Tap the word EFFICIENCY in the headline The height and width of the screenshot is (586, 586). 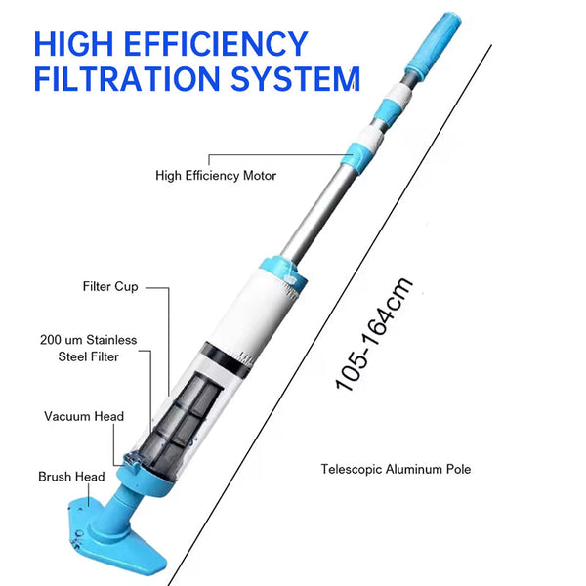(223, 44)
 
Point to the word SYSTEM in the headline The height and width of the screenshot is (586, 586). (295, 78)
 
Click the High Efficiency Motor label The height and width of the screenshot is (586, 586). (216, 176)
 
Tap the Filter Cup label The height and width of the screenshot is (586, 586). (110, 287)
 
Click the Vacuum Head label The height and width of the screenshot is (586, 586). (84, 416)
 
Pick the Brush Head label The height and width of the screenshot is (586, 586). (71, 477)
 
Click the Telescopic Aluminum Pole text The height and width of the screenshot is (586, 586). (396, 469)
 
